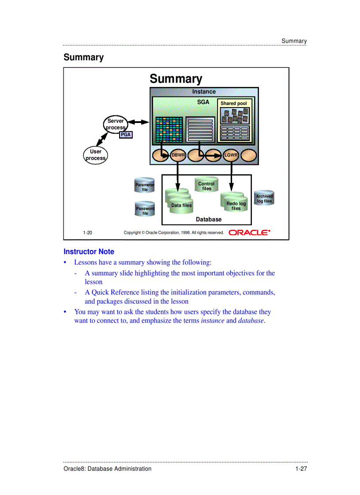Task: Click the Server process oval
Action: (116, 124)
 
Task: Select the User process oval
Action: (96, 155)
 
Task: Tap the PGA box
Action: (126, 135)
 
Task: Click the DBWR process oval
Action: (178, 155)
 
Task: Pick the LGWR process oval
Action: (231, 155)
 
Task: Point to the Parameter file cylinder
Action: (145, 186)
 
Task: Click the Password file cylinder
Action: (145, 209)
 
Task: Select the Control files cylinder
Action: (206, 186)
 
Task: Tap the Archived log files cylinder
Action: (264, 198)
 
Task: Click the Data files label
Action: (181, 205)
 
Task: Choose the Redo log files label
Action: (236, 206)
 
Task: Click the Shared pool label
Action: (233, 104)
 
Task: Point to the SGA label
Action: (203, 102)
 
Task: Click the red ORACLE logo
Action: (249, 232)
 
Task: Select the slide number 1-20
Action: (87, 233)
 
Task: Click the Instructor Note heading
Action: (89, 252)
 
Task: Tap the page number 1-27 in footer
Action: (301, 469)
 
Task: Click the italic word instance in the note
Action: (213, 321)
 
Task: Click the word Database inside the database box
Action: (209, 219)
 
